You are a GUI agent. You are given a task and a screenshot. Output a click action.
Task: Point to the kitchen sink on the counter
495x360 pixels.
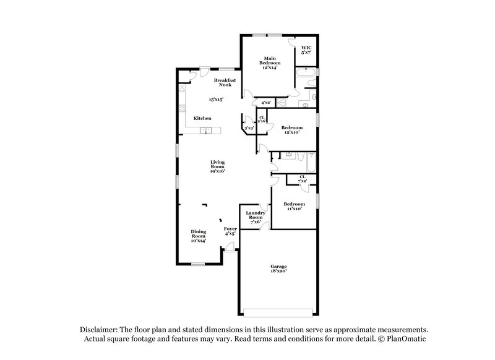coord(209,130)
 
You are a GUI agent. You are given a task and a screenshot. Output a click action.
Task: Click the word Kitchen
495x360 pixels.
coord(202,118)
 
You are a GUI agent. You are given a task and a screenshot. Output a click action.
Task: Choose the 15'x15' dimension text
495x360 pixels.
coord(215,99)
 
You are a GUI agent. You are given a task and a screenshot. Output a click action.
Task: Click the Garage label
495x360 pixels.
coord(278,266)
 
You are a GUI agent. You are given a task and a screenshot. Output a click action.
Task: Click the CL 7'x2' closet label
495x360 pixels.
coord(302,179)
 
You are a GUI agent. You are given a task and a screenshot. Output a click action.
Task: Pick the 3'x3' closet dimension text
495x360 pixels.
coord(249,128)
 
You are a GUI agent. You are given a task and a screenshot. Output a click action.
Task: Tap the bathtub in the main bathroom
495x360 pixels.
coord(306,80)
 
